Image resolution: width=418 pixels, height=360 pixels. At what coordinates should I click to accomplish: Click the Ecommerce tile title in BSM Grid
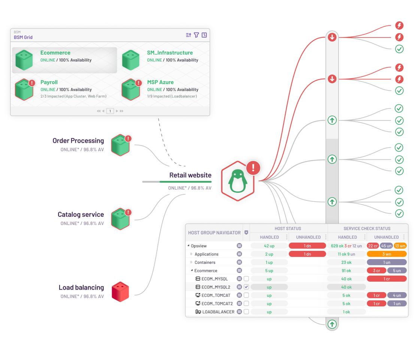tap(55, 53)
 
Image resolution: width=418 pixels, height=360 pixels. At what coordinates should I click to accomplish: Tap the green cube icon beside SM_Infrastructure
tap(131, 60)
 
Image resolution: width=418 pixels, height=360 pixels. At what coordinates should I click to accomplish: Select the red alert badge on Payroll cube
tap(32, 83)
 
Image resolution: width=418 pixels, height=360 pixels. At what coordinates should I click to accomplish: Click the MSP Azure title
tap(160, 82)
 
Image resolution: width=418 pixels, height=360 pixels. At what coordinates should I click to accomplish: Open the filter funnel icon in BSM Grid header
tap(196, 35)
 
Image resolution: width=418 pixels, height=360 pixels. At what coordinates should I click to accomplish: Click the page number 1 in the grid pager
tap(110, 111)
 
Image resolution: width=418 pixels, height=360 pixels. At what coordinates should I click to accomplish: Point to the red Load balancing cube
tap(120, 291)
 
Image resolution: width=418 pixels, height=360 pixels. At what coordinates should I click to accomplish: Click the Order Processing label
tap(78, 141)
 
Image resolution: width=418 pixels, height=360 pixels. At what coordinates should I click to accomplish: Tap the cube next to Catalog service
tap(120, 219)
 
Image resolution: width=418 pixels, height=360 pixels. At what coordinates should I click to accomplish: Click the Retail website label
tap(190, 175)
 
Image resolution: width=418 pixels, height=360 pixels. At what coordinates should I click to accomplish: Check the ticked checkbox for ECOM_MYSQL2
tap(246, 287)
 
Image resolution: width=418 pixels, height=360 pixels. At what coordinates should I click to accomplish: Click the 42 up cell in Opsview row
tap(269, 246)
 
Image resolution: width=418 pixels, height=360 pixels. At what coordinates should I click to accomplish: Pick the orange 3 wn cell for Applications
tap(387, 254)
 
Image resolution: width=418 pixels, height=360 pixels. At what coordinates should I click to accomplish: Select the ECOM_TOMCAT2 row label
tap(217, 304)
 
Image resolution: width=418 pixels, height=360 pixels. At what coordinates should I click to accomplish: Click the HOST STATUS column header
tap(288, 228)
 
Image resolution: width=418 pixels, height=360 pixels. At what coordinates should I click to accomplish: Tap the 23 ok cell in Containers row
tap(346, 262)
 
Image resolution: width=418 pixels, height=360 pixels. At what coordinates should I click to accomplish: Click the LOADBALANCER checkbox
tap(246, 312)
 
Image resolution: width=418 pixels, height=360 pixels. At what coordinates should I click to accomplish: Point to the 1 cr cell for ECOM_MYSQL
tap(387, 279)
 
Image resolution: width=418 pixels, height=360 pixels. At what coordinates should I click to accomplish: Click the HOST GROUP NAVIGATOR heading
tap(214, 233)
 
